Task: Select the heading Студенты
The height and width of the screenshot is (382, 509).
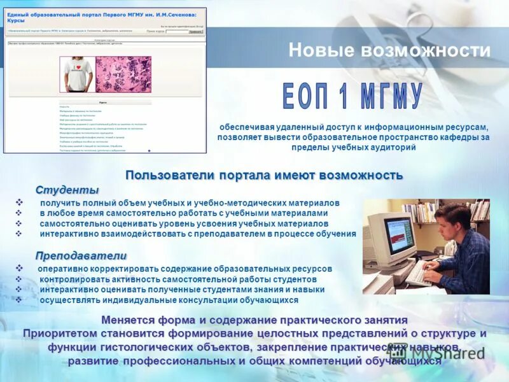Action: point(67,190)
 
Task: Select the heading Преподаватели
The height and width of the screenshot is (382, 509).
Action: point(81,255)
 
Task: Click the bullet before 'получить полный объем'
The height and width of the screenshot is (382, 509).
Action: point(18,202)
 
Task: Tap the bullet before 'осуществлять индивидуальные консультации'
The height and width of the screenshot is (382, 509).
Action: point(18,300)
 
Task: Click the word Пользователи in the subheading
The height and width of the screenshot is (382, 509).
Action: point(167,174)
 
